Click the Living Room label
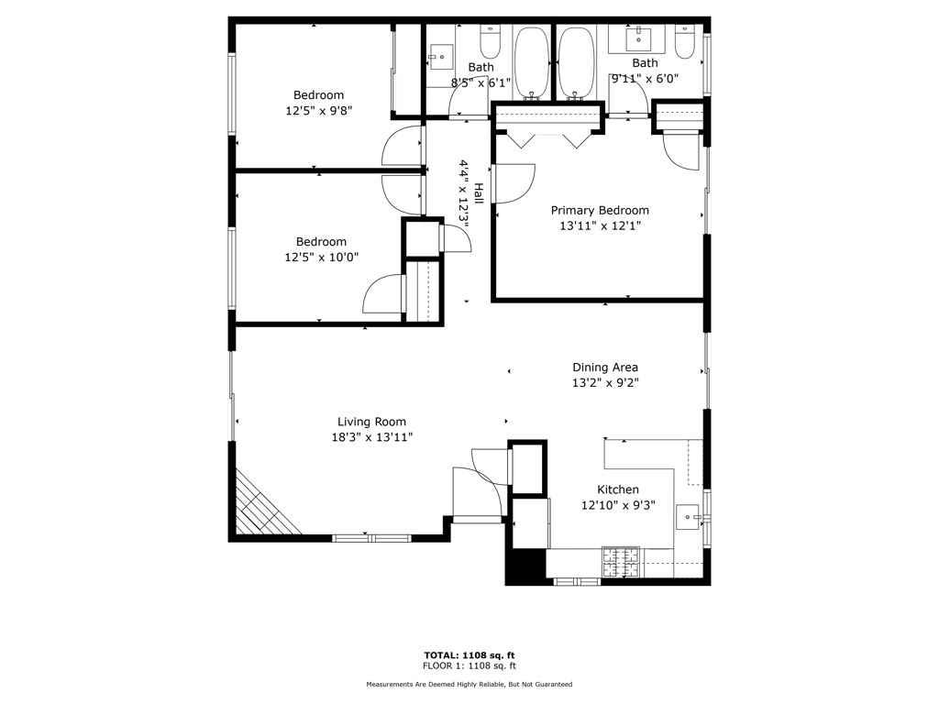click(371, 422)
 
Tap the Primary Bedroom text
click(599, 210)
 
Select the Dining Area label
click(605, 368)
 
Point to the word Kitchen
click(618, 489)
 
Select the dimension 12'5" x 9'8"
click(318, 110)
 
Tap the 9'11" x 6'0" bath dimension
click(645, 79)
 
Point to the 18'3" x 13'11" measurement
click(371, 437)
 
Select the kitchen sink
click(688, 518)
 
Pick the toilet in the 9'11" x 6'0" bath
click(685, 42)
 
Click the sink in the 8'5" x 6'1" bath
click(441, 55)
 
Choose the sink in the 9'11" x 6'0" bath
click(638, 39)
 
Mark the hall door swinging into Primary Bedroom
click(514, 182)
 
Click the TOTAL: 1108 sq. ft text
click(469, 654)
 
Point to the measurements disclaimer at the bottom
click(469, 685)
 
